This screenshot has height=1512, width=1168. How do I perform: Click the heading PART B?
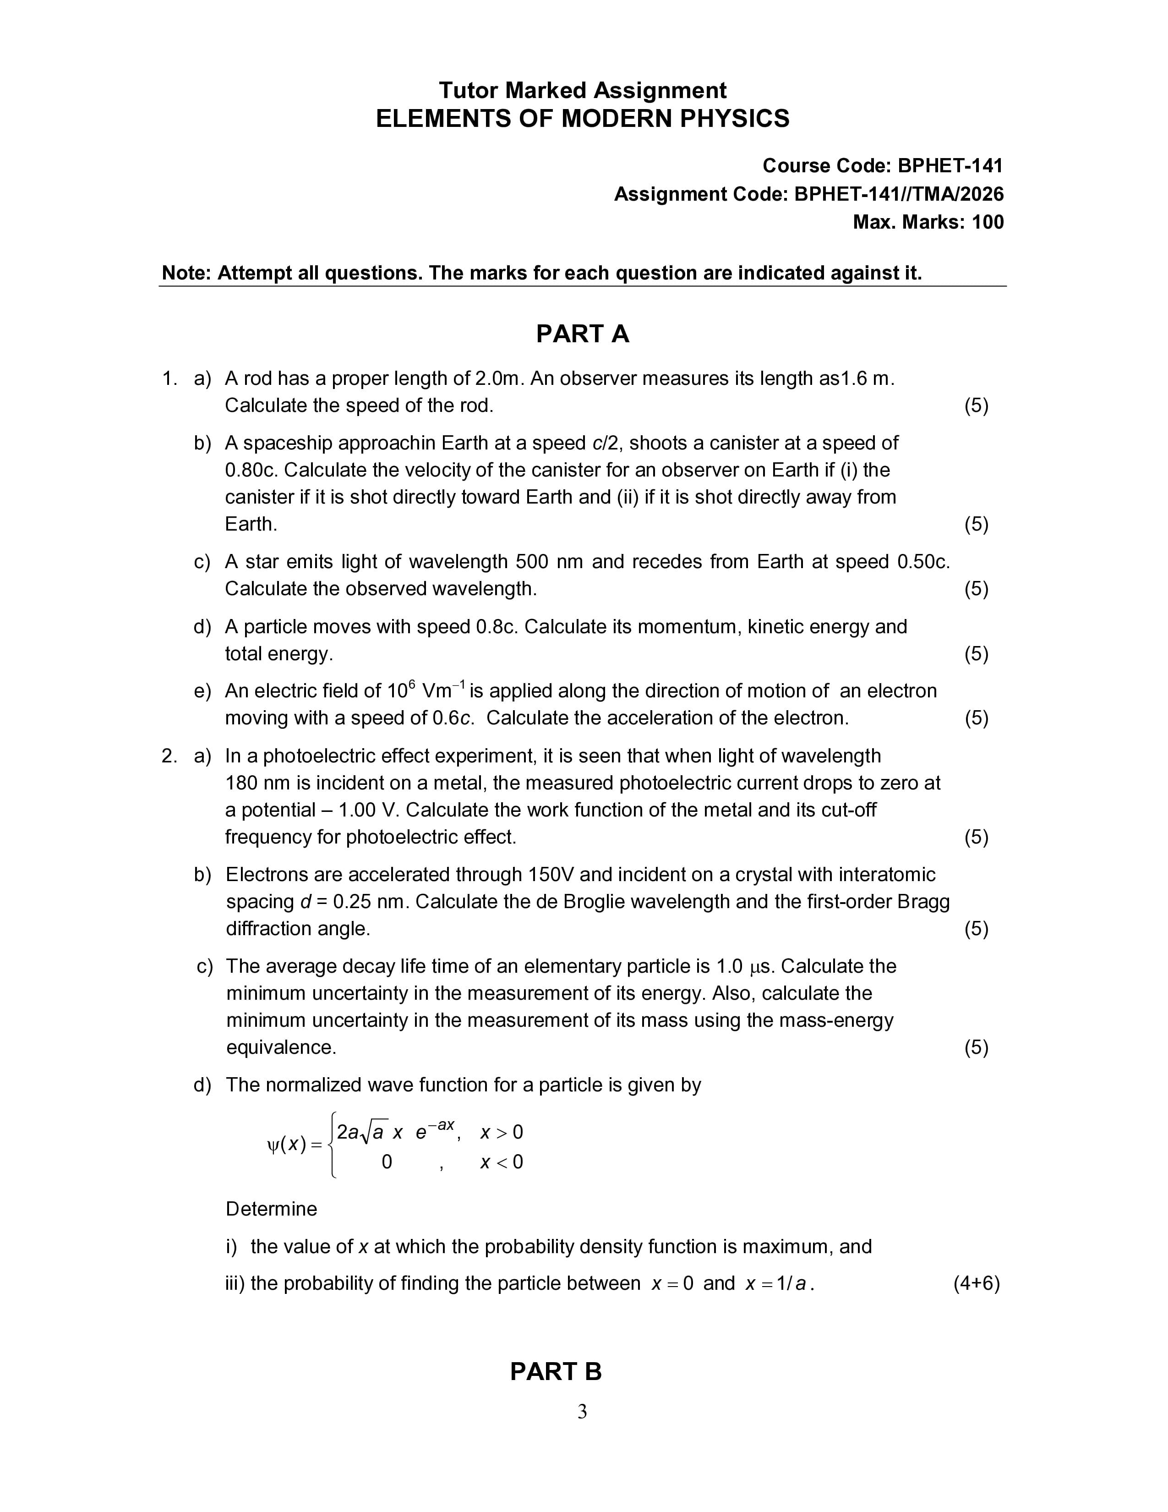pos(556,1371)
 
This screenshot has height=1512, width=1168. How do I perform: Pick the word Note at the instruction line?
pos(186,274)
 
